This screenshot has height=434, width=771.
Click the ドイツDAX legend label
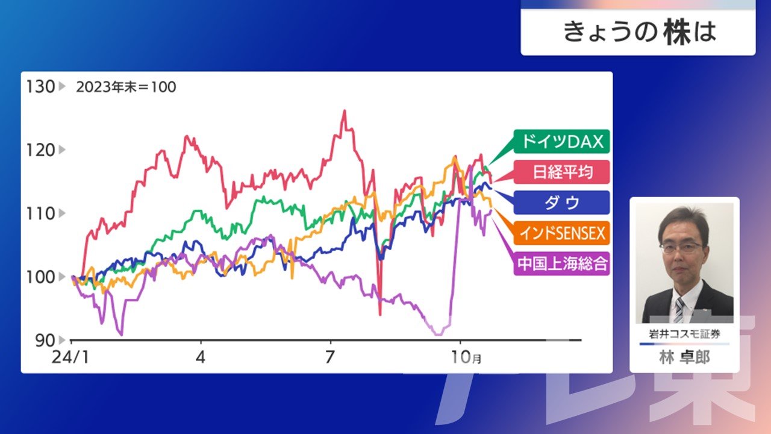(561, 142)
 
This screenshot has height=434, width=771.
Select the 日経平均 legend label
(561, 172)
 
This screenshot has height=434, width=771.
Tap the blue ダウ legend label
(561, 203)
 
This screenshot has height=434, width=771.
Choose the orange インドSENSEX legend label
(561, 233)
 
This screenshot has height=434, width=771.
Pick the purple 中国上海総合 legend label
(561, 264)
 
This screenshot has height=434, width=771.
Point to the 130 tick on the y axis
(40, 87)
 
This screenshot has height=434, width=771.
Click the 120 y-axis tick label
(40, 150)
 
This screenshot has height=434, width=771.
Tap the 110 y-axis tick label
(40, 214)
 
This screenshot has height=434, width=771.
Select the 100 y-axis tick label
(40, 277)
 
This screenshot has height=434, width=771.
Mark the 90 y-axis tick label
(45, 341)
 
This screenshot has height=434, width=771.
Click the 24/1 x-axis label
(70, 357)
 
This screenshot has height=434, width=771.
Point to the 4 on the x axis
(201, 357)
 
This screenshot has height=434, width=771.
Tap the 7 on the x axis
(329, 357)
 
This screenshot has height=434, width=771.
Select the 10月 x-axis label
(466, 357)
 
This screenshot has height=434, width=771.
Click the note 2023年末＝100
(126, 87)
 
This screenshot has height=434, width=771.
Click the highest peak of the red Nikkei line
(344, 111)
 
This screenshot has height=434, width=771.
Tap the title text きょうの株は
(640, 33)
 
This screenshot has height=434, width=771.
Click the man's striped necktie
(679, 310)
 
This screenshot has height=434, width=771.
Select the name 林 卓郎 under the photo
(684, 357)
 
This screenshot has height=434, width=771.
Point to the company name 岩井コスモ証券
(684, 334)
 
